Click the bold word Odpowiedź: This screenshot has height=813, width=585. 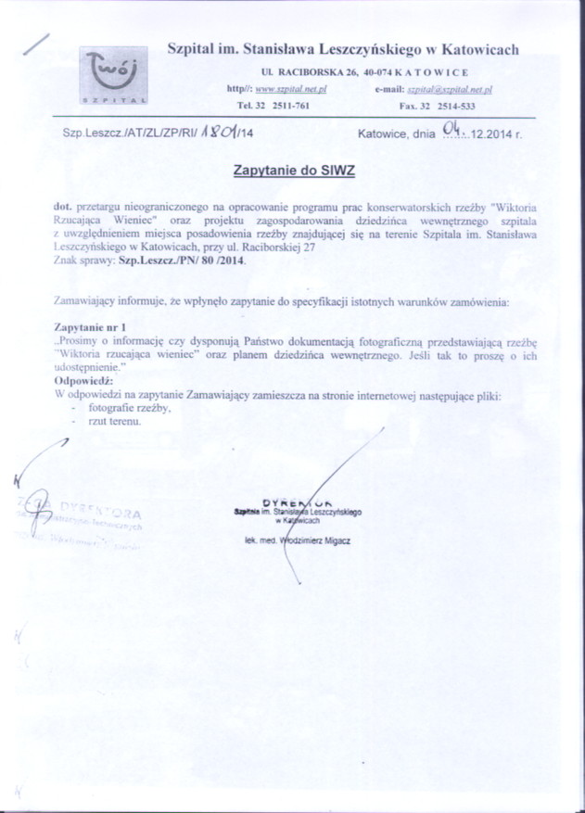[83, 381]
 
